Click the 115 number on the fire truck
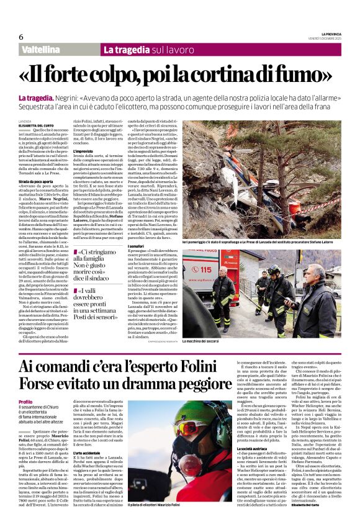pos(205,270)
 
